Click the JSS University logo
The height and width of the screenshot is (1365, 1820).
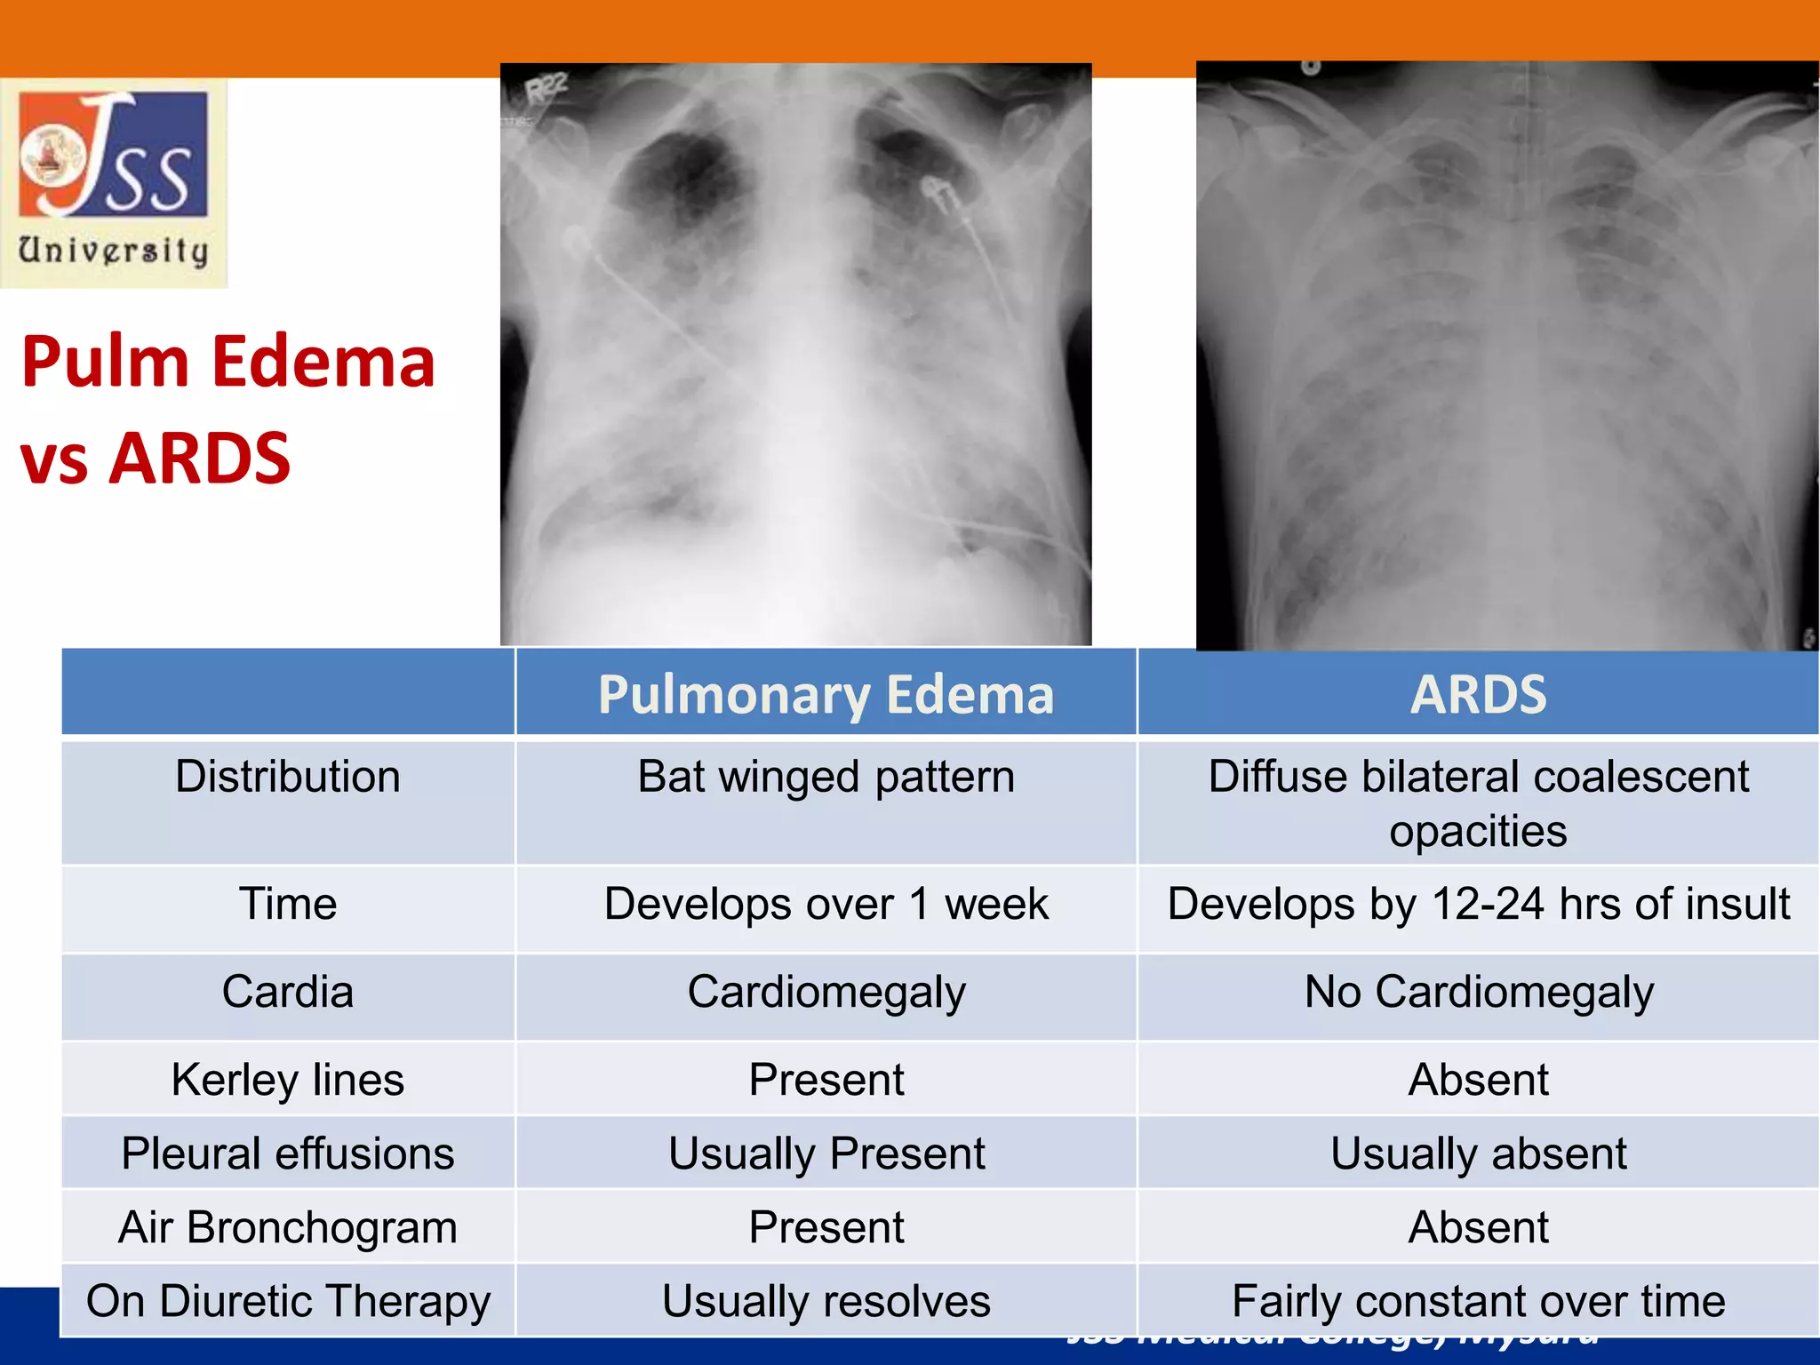(114, 156)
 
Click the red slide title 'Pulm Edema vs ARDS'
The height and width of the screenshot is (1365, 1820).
(227, 409)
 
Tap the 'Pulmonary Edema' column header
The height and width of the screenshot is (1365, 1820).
(826, 694)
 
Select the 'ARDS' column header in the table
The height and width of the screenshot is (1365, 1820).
(1478, 694)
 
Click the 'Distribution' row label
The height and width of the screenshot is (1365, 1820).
(287, 777)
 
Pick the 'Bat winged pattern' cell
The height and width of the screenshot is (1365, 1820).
(826, 777)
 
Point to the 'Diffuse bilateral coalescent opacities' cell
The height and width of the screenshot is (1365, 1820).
(1478, 803)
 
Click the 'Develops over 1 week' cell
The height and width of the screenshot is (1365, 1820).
(826, 905)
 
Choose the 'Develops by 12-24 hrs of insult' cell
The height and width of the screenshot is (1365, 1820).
(1478, 905)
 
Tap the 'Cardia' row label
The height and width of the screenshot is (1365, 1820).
(287, 992)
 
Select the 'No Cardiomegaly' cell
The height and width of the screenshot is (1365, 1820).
(1478, 992)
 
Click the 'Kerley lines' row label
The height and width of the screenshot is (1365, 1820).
(287, 1080)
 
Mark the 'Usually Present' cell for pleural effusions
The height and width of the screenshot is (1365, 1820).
(826, 1153)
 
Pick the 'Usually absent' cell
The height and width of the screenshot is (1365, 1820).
(1478, 1153)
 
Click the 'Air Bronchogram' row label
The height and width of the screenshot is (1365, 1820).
(287, 1227)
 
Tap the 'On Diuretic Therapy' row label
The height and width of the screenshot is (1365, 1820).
(287, 1301)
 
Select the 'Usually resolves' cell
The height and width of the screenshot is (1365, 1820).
(826, 1301)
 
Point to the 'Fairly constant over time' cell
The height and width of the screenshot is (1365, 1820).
(1478, 1301)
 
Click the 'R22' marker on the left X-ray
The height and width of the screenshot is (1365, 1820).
(546, 90)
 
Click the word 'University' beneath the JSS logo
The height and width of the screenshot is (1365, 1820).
(114, 251)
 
